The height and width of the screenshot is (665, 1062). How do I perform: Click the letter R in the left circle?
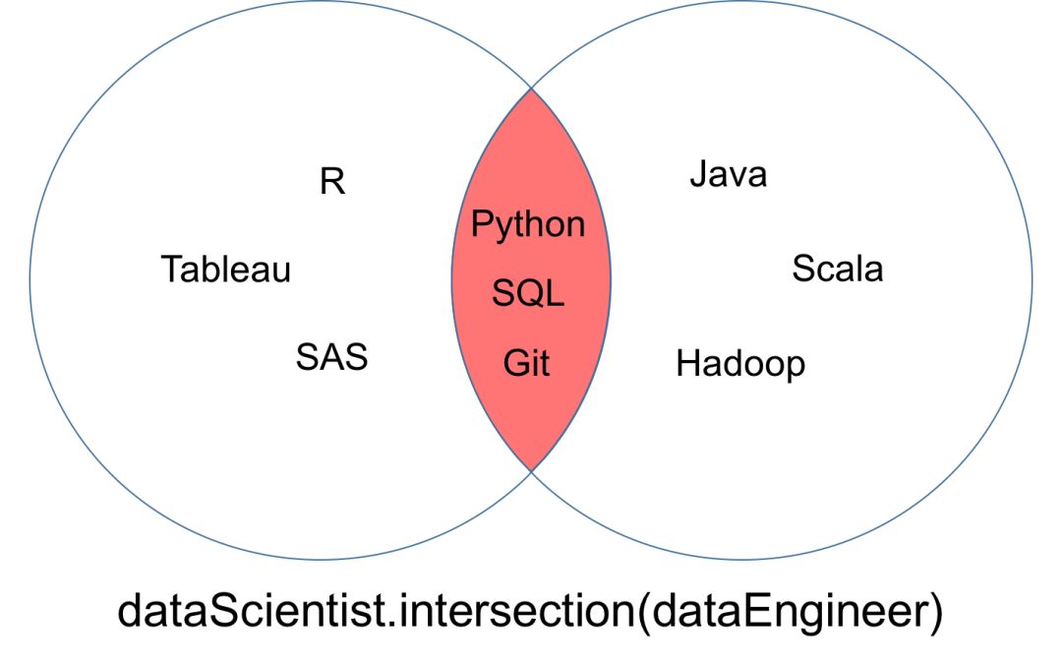pyautogui.click(x=332, y=182)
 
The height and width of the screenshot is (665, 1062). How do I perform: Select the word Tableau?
pyautogui.click(x=226, y=269)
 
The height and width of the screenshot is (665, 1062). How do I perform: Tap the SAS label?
pyautogui.click(x=331, y=356)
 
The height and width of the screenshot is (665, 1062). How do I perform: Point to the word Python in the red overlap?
pyautogui.click(x=528, y=225)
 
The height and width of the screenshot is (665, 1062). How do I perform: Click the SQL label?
pyautogui.click(x=528, y=292)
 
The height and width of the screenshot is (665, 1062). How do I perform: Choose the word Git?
pyautogui.click(x=527, y=363)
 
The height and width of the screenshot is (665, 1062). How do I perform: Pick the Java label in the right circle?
pyautogui.click(x=728, y=175)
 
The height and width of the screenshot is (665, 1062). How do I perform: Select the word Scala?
pyautogui.click(x=837, y=269)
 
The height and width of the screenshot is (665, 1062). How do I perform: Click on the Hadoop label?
pyautogui.click(x=739, y=364)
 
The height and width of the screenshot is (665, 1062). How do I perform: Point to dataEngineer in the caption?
pyautogui.click(x=783, y=613)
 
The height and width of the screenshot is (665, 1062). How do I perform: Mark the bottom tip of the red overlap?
pyautogui.click(x=531, y=469)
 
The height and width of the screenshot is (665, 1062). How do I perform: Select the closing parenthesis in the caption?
pyautogui.click(x=933, y=612)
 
